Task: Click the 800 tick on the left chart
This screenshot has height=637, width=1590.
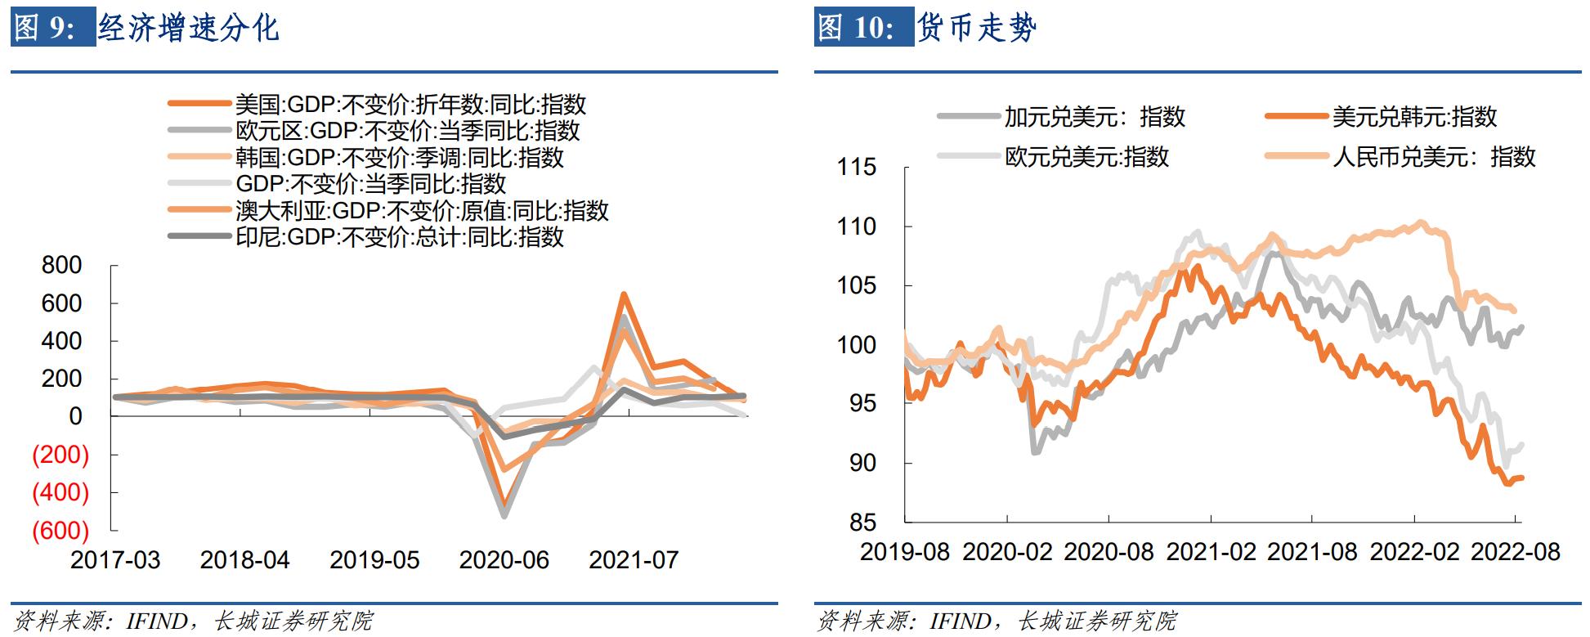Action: pyautogui.click(x=61, y=265)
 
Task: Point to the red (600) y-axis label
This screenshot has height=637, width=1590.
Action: pyautogui.click(x=60, y=530)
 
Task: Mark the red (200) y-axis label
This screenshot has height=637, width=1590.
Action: pyautogui.click(x=60, y=454)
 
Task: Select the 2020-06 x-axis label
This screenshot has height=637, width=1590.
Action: pyautogui.click(x=504, y=560)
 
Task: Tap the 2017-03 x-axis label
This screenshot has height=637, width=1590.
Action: pyautogui.click(x=115, y=560)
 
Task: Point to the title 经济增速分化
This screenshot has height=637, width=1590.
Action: pyautogui.click(x=189, y=28)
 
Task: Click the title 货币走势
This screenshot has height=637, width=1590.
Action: pyautogui.click(x=977, y=28)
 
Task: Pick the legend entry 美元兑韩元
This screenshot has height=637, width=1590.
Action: pyautogui.click(x=1414, y=117)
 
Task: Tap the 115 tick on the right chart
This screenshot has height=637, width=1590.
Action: pyautogui.click(x=856, y=168)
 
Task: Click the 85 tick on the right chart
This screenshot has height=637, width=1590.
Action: pyautogui.click(x=862, y=523)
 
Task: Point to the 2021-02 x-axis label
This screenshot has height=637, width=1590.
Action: pyautogui.click(x=1211, y=552)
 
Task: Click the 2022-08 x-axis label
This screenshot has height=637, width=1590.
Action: pyautogui.click(x=1516, y=552)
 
